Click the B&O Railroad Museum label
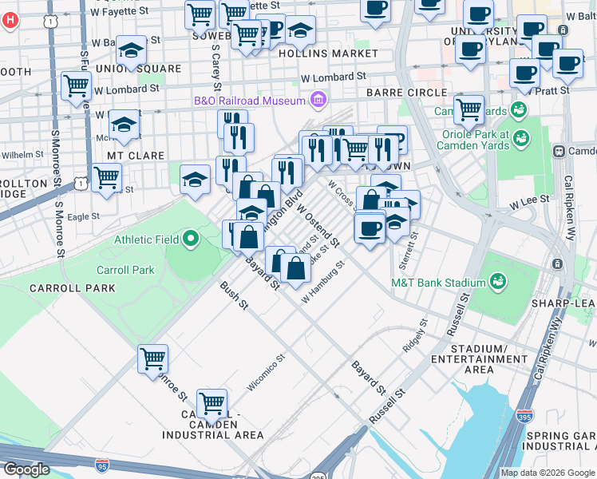pyautogui.click(x=249, y=101)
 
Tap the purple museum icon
pyautogui.click(x=318, y=100)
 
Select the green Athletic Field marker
pyautogui.click(x=191, y=239)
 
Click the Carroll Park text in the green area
pyautogui.click(x=125, y=270)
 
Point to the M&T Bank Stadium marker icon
pyautogui.click(x=498, y=281)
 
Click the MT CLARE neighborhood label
pyautogui.click(x=136, y=156)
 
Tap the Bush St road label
pyautogui.click(x=235, y=295)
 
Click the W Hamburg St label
pyautogui.click(x=322, y=282)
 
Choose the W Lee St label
pyautogui.click(x=531, y=199)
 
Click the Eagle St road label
pyautogui.click(x=83, y=216)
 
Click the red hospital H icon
pyautogui.click(x=9, y=19)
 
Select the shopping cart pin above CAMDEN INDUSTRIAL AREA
pyautogui.click(x=212, y=403)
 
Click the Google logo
pyautogui.click(x=26, y=469)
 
